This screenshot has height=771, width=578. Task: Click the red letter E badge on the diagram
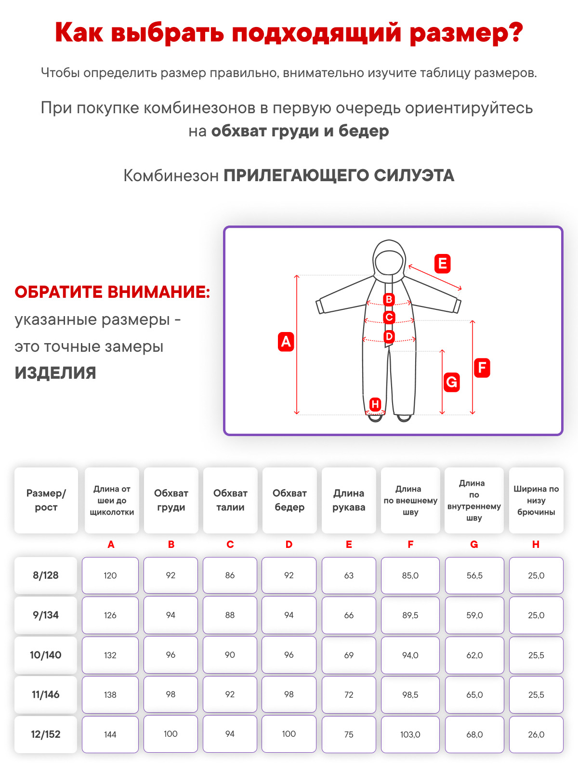(442, 264)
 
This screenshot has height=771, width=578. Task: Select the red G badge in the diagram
(451, 382)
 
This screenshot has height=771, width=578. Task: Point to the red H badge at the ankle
(375, 404)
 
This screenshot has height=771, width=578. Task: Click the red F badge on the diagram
(482, 368)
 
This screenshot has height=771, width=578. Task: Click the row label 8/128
(46, 575)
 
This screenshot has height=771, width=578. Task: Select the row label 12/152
(46, 734)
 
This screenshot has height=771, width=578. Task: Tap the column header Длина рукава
(349, 500)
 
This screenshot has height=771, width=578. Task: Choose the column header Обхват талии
(230, 500)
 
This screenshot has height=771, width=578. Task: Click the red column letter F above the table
(410, 545)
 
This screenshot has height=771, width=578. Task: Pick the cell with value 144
(110, 734)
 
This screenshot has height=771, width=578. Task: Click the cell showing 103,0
(410, 734)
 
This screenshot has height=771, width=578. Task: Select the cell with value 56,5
(474, 575)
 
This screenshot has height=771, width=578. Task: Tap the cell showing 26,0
(536, 734)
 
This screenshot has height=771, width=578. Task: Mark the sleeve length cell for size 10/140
(349, 655)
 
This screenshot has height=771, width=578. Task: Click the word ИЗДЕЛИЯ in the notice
(55, 373)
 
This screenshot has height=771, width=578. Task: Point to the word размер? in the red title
(466, 33)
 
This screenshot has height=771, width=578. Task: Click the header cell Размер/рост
(46, 500)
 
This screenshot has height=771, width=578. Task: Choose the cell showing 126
(110, 615)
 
